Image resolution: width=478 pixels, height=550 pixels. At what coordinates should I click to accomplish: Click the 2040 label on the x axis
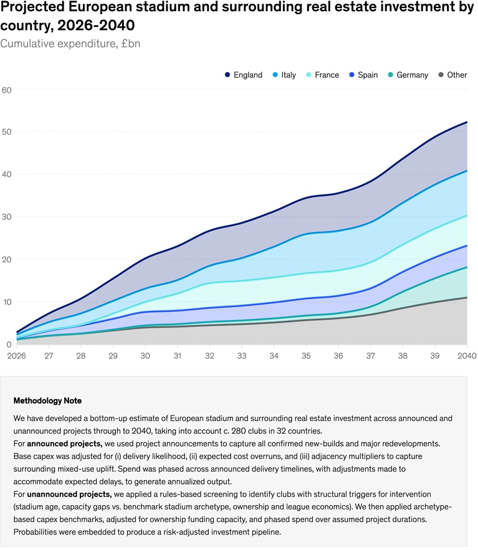[466, 356]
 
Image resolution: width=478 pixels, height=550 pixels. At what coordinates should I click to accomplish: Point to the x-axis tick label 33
[242, 356]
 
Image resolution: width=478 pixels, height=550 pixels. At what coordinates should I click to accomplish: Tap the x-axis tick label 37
[370, 356]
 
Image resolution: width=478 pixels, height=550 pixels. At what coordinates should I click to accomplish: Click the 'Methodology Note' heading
[47, 401]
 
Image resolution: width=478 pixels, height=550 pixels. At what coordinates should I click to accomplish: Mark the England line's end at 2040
[467, 122]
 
